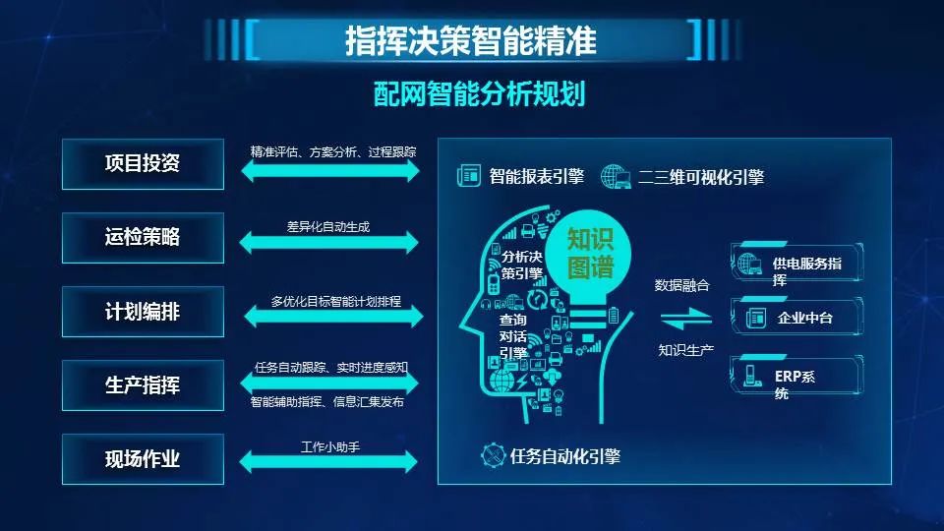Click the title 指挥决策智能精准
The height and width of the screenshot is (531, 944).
pos(471,40)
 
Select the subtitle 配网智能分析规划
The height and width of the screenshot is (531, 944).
pos(479,93)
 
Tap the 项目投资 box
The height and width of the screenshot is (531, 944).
pos(143,164)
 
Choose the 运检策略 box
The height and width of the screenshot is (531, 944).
pos(143,238)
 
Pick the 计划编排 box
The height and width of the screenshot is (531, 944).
pos(143,312)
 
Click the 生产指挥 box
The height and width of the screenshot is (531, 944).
pos(143,385)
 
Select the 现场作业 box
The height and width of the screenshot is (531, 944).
pos(143,459)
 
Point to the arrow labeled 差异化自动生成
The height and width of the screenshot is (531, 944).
pos(328,243)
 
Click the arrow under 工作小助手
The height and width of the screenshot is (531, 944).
pos(328,462)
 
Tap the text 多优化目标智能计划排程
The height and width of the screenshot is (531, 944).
pos(336,301)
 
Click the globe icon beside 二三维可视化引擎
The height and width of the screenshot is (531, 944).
pos(616,177)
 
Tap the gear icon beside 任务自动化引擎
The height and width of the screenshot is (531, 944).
pos(493,455)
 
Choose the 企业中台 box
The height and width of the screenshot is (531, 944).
pos(797,317)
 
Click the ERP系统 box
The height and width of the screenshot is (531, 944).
pos(797,376)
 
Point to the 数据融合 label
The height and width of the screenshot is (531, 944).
pos(682,285)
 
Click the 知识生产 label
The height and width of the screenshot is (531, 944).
pos(685,350)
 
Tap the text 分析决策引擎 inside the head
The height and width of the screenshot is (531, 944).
pos(522,265)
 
